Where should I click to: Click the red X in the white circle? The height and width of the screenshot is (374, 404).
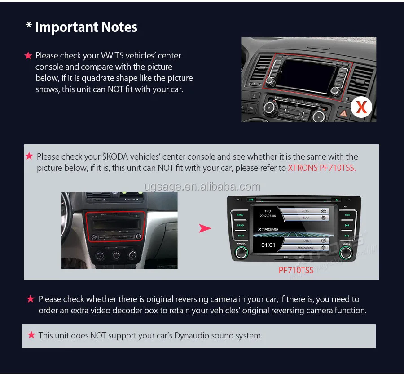pyautogui.click(x=361, y=107)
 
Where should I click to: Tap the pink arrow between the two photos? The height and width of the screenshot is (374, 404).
pyautogui.click(x=205, y=228)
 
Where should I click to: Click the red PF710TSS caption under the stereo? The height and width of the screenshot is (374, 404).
pyautogui.click(x=296, y=270)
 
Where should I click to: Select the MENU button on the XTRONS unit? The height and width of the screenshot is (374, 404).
pyautogui.click(x=240, y=215)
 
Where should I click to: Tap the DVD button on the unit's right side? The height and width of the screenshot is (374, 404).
pyautogui.click(x=347, y=215)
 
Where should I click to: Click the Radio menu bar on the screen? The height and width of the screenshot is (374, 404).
pyautogui.click(x=305, y=210)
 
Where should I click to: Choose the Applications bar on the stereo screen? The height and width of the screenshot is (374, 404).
pyautogui.click(x=305, y=248)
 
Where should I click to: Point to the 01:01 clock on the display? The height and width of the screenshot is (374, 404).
pyautogui.click(x=268, y=245)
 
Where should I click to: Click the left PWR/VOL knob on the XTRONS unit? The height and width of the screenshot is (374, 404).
pyautogui.click(x=240, y=254)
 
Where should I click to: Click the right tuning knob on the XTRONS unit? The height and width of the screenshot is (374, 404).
pyautogui.click(x=346, y=254)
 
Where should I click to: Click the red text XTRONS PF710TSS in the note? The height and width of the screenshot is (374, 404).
pyautogui.click(x=322, y=168)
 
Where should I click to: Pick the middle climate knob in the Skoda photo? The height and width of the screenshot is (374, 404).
pyautogui.click(x=116, y=255)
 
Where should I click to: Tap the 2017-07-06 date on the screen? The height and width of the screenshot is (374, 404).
pyautogui.click(x=268, y=216)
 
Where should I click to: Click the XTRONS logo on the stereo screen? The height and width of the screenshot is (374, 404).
pyautogui.click(x=268, y=229)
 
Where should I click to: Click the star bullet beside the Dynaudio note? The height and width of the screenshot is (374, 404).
pyautogui.click(x=31, y=335)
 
